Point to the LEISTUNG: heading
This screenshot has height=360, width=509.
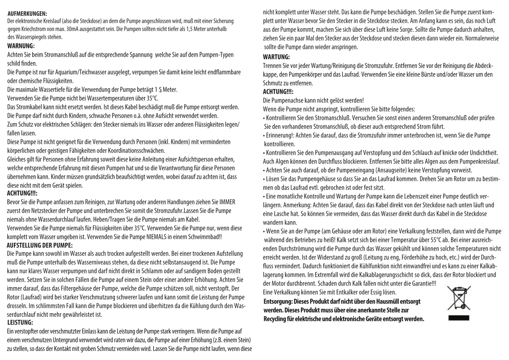coord(20,323)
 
